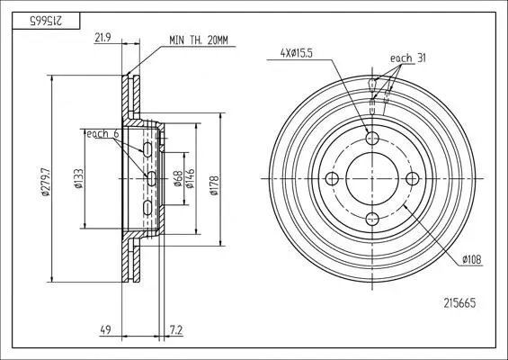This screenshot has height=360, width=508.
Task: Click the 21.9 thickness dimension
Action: tap(102, 38)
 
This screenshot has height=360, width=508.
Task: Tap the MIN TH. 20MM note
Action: tap(199, 40)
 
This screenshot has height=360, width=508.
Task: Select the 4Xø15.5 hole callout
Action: tap(297, 53)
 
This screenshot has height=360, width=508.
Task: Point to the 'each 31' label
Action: tap(408, 58)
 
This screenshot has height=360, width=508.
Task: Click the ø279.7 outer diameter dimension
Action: tap(46, 182)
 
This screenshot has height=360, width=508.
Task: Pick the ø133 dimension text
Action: tap(79, 179)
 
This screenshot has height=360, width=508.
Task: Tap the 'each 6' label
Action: tap(102, 133)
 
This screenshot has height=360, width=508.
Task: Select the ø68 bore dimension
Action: tap(177, 179)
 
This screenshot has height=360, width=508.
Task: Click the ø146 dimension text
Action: tap(190, 179)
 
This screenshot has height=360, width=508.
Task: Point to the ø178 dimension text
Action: tap(214, 185)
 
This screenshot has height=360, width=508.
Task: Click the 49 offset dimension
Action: tap(105, 330)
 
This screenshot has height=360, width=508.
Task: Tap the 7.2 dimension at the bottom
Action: tap(176, 330)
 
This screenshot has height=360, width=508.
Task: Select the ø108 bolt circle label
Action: tap(472, 259)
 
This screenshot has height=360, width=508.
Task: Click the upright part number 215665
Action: tap(459, 303)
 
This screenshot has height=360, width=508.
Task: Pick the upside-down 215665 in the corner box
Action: tap(46, 21)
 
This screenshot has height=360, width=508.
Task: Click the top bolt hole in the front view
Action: tap(372, 139)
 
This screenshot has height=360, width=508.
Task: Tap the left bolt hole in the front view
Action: tap(332, 179)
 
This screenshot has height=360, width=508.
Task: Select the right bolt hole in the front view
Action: tap(413, 179)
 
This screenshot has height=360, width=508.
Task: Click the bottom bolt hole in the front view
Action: tap(372, 219)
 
